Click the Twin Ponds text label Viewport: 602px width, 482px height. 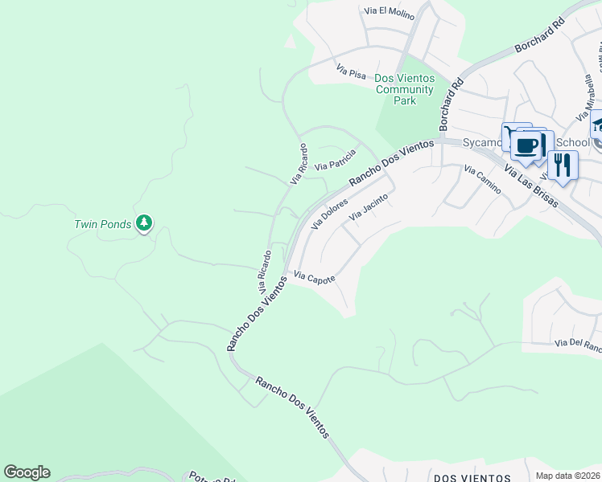pyautogui.click(x=102, y=224)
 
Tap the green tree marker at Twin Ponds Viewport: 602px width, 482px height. pyautogui.click(x=144, y=223)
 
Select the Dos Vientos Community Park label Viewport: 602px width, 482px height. pyautogui.click(x=406, y=89)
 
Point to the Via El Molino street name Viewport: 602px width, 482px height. pyautogui.click(x=389, y=11)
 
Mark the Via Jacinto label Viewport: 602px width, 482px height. pyautogui.click(x=369, y=207)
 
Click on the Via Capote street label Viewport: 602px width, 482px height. pyautogui.click(x=314, y=277)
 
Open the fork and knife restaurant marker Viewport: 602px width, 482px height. pyautogui.click(x=563, y=165)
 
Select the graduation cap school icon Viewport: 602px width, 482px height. pyautogui.click(x=597, y=124)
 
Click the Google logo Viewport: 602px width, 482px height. pyautogui.click(x=27, y=472)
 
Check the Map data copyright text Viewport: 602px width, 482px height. pyautogui.click(x=568, y=476)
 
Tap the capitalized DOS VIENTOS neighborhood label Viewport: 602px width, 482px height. pyautogui.click(x=471, y=478)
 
